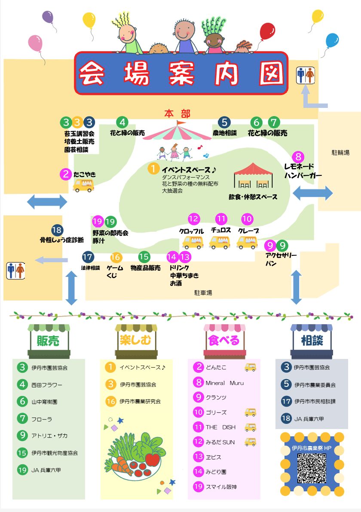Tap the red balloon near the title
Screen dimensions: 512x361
(x=267, y=31)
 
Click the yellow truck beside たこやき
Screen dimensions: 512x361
(x=83, y=185)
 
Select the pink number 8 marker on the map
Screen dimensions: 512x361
(x=298, y=157)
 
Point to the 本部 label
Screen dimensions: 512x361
(x=177, y=114)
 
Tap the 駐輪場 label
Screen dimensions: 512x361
(x=340, y=152)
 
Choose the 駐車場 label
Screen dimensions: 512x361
(x=203, y=293)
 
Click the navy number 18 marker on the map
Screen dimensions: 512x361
(x=57, y=230)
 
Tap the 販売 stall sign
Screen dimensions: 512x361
(x=48, y=341)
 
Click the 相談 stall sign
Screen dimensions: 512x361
(x=312, y=341)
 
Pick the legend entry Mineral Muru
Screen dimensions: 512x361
(x=224, y=383)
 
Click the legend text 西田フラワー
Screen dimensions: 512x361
(x=47, y=385)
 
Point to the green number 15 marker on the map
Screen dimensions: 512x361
(x=144, y=257)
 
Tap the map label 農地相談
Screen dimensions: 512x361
(x=224, y=133)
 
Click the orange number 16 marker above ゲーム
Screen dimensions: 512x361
(x=116, y=258)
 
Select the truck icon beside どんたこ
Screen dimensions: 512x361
(x=250, y=368)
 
